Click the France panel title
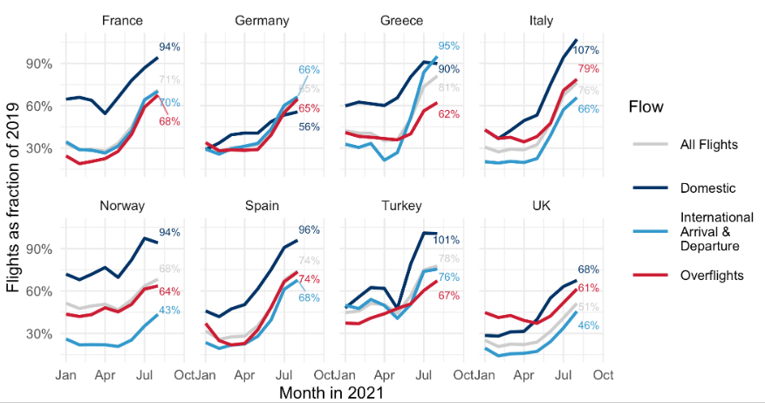point(123,20)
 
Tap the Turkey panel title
point(402,206)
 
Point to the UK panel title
point(542,206)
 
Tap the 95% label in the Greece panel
point(448,46)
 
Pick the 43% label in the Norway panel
point(169,311)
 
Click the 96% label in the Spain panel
point(309,230)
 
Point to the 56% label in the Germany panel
point(309,127)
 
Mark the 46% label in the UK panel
point(588,325)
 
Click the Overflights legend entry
point(710,275)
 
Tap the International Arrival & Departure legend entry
point(715,231)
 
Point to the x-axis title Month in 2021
point(331,393)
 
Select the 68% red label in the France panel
point(169,121)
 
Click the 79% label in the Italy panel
point(588,69)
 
